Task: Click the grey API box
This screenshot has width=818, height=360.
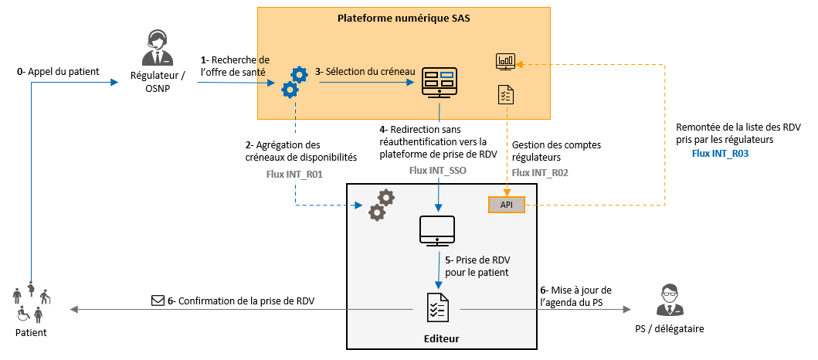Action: point(507,205)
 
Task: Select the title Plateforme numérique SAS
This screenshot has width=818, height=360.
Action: point(405,18)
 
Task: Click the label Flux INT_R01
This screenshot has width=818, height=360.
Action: point(294,174)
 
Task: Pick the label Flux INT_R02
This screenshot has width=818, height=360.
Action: point(540,173)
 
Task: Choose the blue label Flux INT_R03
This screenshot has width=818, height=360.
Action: point(721,155)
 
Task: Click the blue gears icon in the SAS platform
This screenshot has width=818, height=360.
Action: point(294,82)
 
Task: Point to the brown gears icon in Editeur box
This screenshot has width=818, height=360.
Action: point(381,205)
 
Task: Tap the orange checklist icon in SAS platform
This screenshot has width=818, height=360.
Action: point(506,95)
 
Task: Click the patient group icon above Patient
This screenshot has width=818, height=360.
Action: point(31,304)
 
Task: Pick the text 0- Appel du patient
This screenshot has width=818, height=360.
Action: point(58,72)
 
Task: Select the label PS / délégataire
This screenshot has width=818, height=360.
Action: point(669,328)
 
